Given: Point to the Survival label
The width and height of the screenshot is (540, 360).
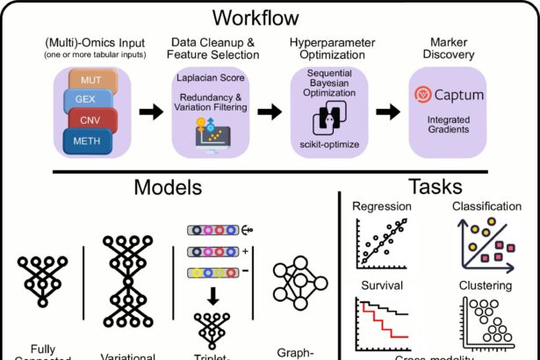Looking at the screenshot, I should (379, 285).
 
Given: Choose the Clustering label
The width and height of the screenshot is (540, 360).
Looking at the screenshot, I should (484, 285).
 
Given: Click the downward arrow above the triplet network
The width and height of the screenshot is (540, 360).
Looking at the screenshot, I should (212, 299).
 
